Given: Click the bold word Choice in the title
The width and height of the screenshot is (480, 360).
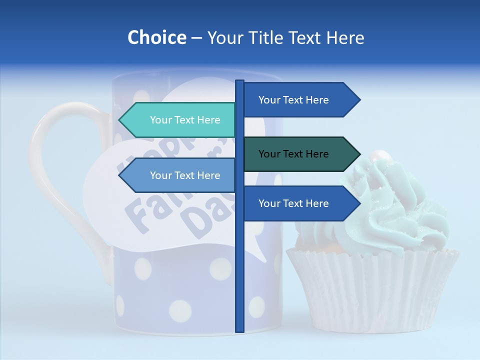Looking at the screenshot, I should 156,37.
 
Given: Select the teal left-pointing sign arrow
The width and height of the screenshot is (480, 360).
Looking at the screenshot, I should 180,120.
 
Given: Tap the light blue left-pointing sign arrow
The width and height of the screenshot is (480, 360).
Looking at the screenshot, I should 180,175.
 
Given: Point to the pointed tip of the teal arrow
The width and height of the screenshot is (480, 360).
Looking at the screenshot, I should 119,120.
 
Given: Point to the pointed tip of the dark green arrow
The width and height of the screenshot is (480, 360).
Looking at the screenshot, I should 359,154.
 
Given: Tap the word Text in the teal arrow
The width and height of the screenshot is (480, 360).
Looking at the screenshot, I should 185,120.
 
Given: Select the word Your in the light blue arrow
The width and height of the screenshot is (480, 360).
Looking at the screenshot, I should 160,175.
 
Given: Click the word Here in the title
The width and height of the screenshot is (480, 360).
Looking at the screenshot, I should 345,37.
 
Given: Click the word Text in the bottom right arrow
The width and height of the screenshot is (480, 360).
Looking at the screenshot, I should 293,203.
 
